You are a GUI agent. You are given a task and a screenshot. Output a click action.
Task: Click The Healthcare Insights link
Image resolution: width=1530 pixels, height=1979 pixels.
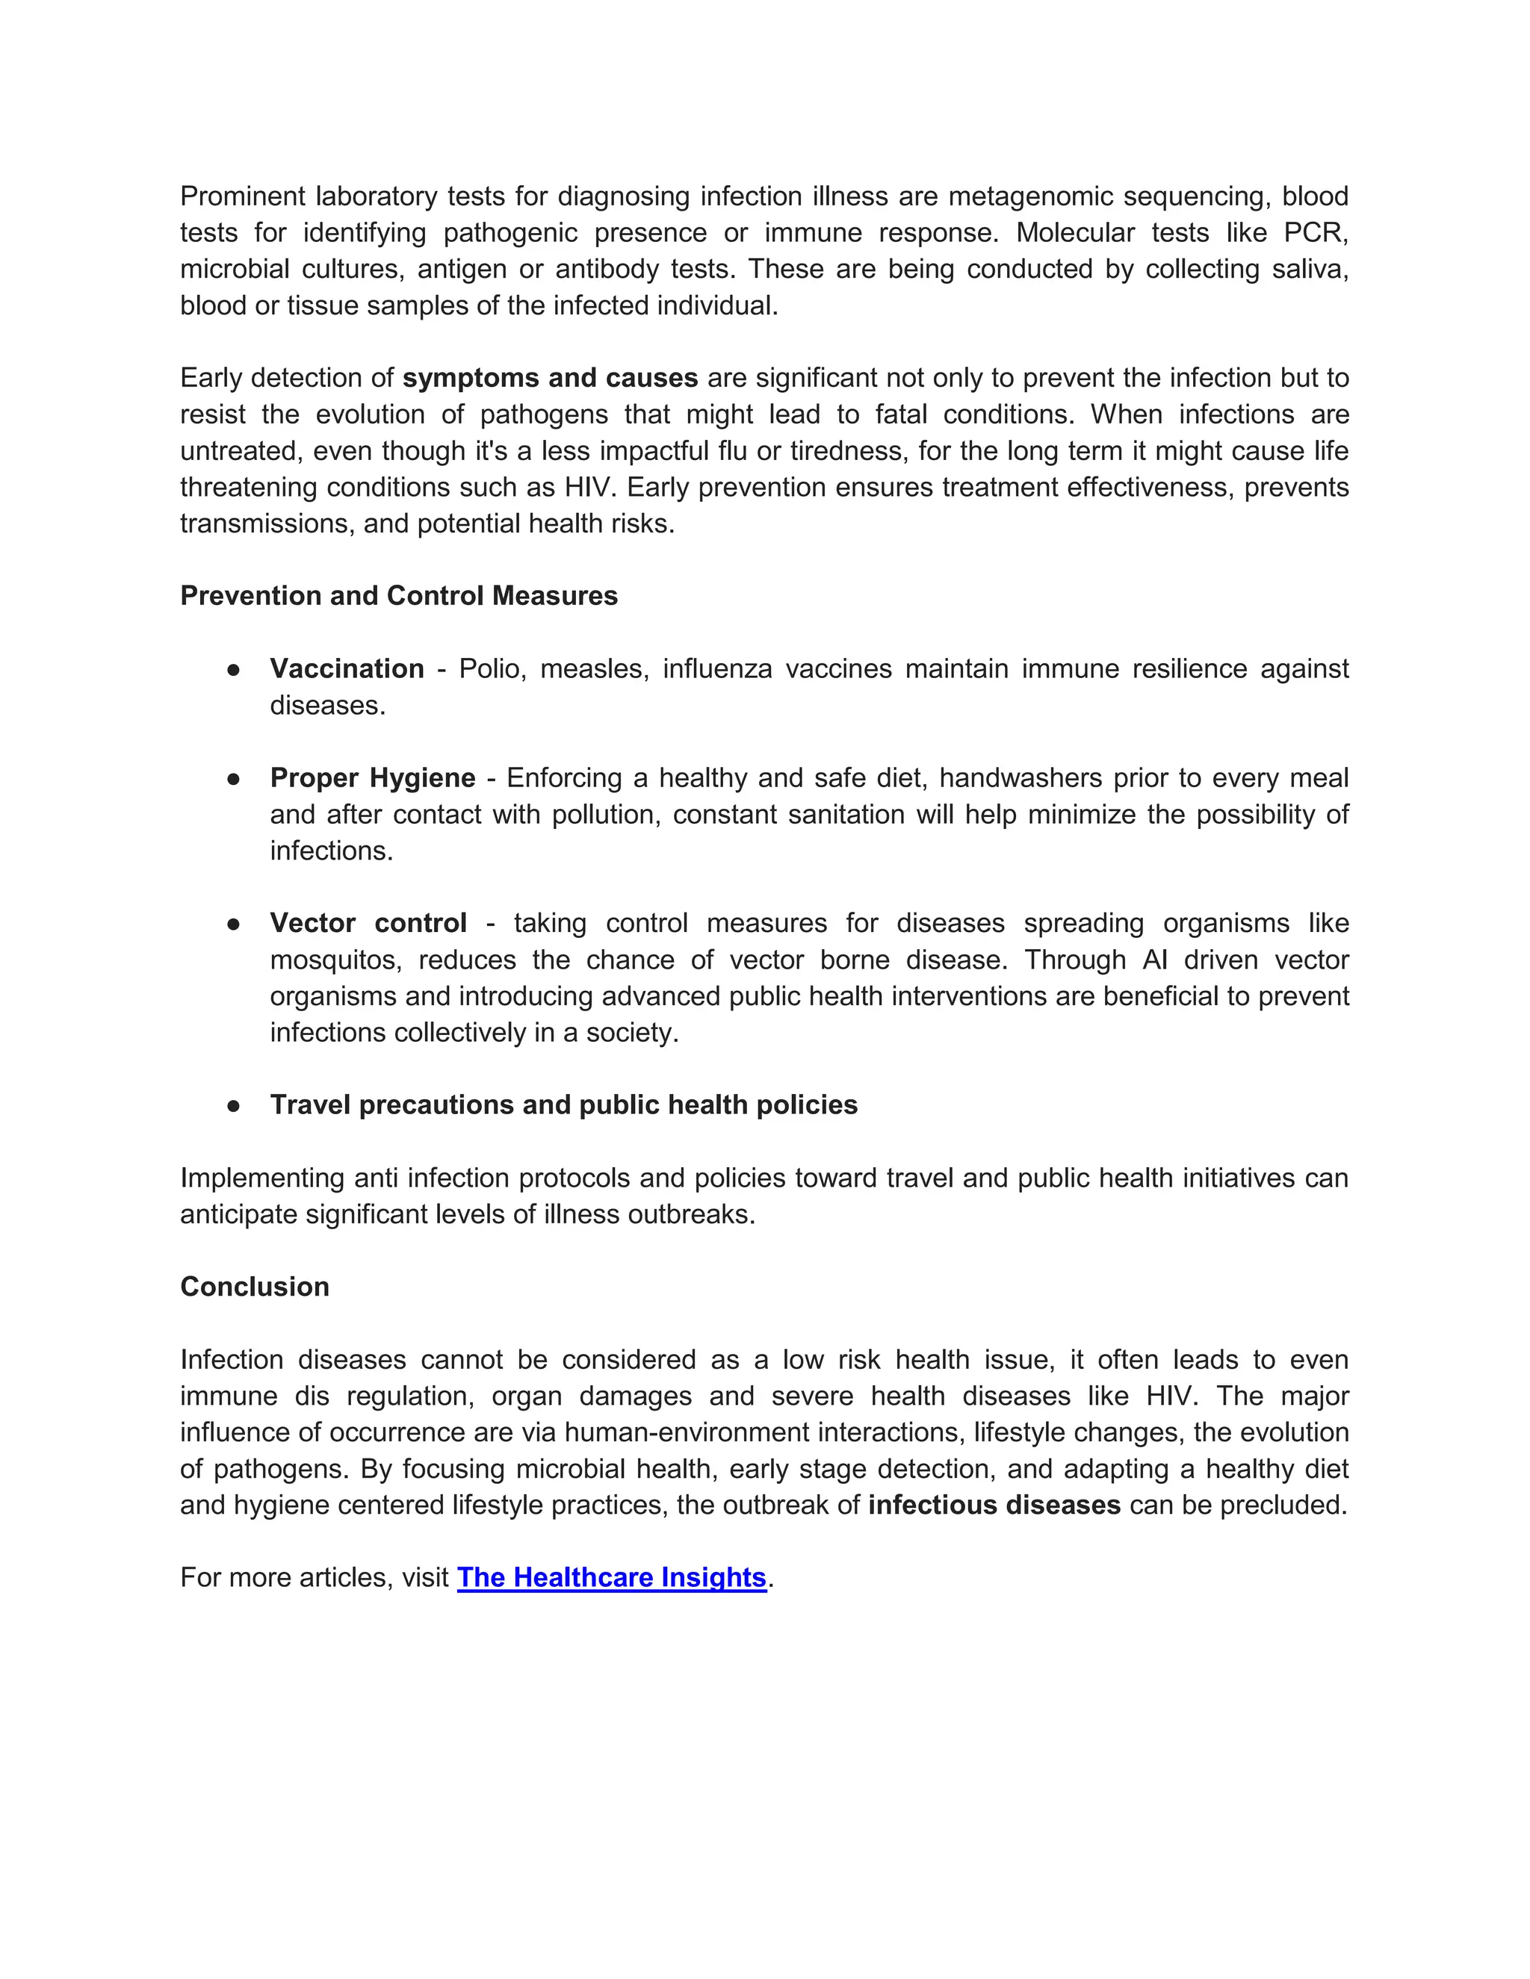coord(612,1577)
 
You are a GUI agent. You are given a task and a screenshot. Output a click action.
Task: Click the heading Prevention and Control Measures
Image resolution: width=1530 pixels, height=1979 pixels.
coord(399,595)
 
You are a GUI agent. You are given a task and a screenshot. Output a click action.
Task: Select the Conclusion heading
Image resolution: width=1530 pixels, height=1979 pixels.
coord(255,1287)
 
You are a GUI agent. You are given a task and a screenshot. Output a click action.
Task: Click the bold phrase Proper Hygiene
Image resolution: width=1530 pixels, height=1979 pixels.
coord(373,777)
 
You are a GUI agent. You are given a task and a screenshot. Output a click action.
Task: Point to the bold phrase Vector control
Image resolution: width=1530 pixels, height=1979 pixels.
coord(368,922)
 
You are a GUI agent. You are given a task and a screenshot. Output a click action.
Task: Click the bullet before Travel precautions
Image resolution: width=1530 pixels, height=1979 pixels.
coord(234,1105)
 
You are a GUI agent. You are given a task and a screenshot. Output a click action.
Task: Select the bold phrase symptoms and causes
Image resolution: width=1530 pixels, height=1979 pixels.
coord(550,378)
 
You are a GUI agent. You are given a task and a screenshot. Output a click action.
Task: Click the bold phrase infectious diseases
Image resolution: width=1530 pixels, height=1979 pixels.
coord(994,1505)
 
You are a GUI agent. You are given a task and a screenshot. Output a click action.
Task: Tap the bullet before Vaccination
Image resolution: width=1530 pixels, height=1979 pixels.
coord(234,670)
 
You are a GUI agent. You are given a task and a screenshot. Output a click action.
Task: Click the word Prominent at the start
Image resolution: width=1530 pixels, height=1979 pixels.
coord(241,196)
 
